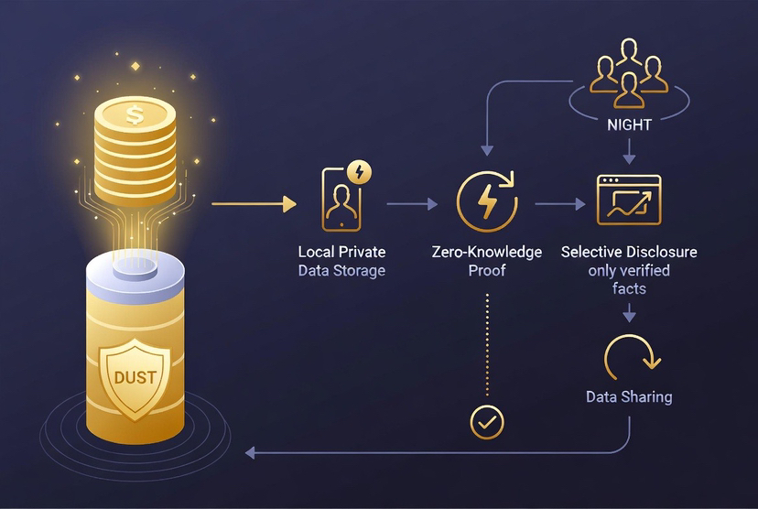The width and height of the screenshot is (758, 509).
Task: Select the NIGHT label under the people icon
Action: click(629, 125)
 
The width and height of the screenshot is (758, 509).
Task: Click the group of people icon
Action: click(629, 72)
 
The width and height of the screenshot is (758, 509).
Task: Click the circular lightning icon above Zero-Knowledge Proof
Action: click(486, 202)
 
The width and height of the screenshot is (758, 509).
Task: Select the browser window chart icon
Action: click(628, 200)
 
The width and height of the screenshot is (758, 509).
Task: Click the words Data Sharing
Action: click(628, 396)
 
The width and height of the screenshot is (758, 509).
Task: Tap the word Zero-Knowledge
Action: click(486, 252)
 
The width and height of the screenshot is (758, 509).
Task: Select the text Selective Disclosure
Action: click(628, 252)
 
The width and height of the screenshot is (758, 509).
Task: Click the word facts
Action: click(628, 288)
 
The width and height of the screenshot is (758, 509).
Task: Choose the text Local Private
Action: click(341, 252)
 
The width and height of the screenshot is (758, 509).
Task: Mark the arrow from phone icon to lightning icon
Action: click(411, 204)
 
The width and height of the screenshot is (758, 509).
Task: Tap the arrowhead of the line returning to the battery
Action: click(253, 452)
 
